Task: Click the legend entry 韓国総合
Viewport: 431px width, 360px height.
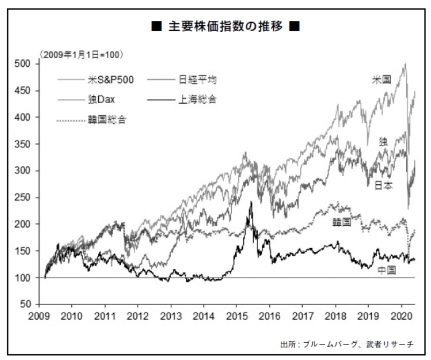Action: [107, 119]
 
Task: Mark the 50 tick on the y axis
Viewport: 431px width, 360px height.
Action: [32, 305]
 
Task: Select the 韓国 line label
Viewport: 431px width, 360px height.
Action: [341, 222]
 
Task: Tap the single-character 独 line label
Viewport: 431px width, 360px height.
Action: [384, 142]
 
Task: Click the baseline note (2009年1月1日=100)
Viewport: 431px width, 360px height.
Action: [81, 54]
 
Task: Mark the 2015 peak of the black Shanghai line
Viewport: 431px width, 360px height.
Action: [251, 202]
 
